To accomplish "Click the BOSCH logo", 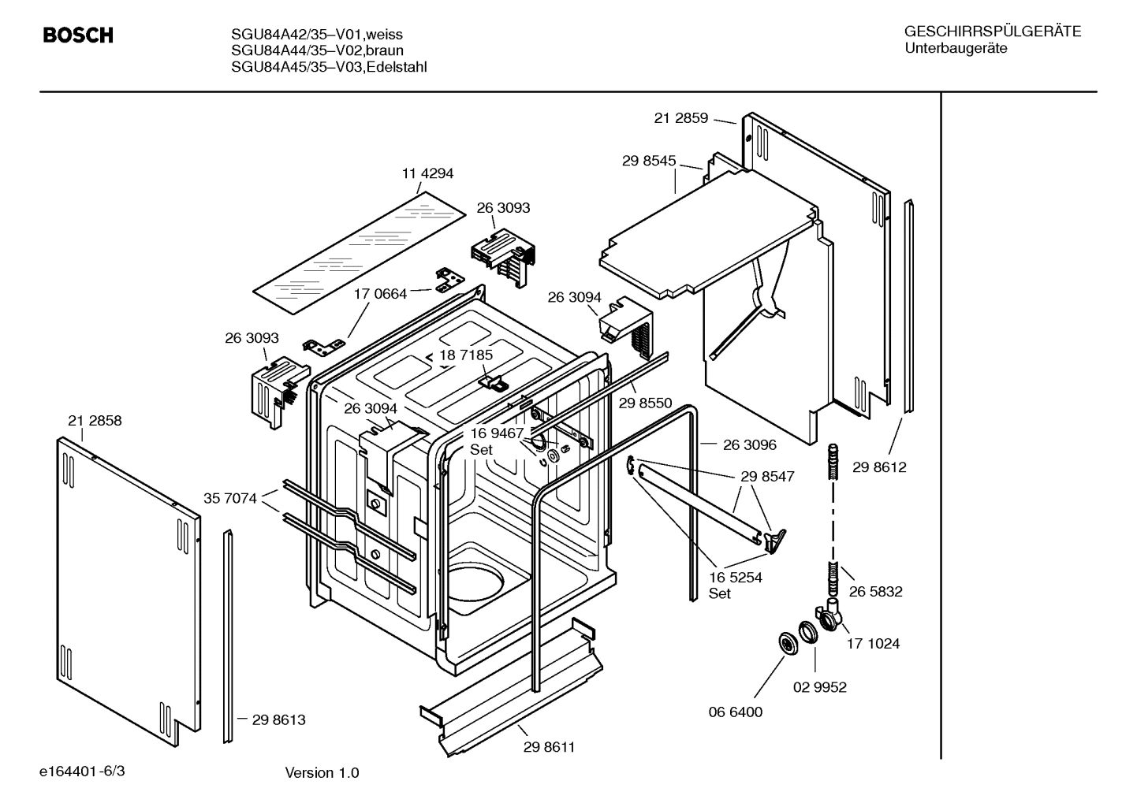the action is click(x=78, y=35).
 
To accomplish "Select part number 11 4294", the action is click(x=427, y=173).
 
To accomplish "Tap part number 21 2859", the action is click(x=681, y=118).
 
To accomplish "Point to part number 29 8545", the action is click(x=649, y=161).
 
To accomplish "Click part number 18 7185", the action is click(x=466, y=355).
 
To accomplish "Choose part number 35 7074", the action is click(x=229, y=498).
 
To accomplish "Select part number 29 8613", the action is click(x=278, y=719).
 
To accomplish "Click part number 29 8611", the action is click(x=549, y=747).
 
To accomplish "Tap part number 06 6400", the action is click(x=735, y=712).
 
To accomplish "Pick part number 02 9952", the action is click(x=819, y=687).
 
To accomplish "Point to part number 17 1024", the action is click(x=873, y=643).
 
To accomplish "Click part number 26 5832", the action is click(x=875, y=591).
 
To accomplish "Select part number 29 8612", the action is click(x=879, y=467).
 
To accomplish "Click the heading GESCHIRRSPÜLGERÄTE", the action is click(x=992, y=32).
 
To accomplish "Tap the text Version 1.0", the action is click(x=322, y=772).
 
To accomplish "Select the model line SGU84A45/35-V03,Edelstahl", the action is click(x=329, y=67).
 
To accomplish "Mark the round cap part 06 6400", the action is click(x=787, y=642).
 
